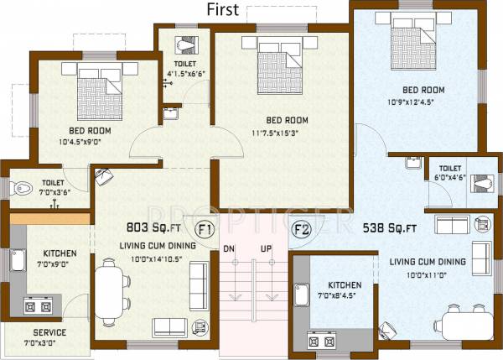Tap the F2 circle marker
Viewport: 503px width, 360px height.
point(301,228)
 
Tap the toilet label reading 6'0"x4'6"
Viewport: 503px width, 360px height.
point(453,177)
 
